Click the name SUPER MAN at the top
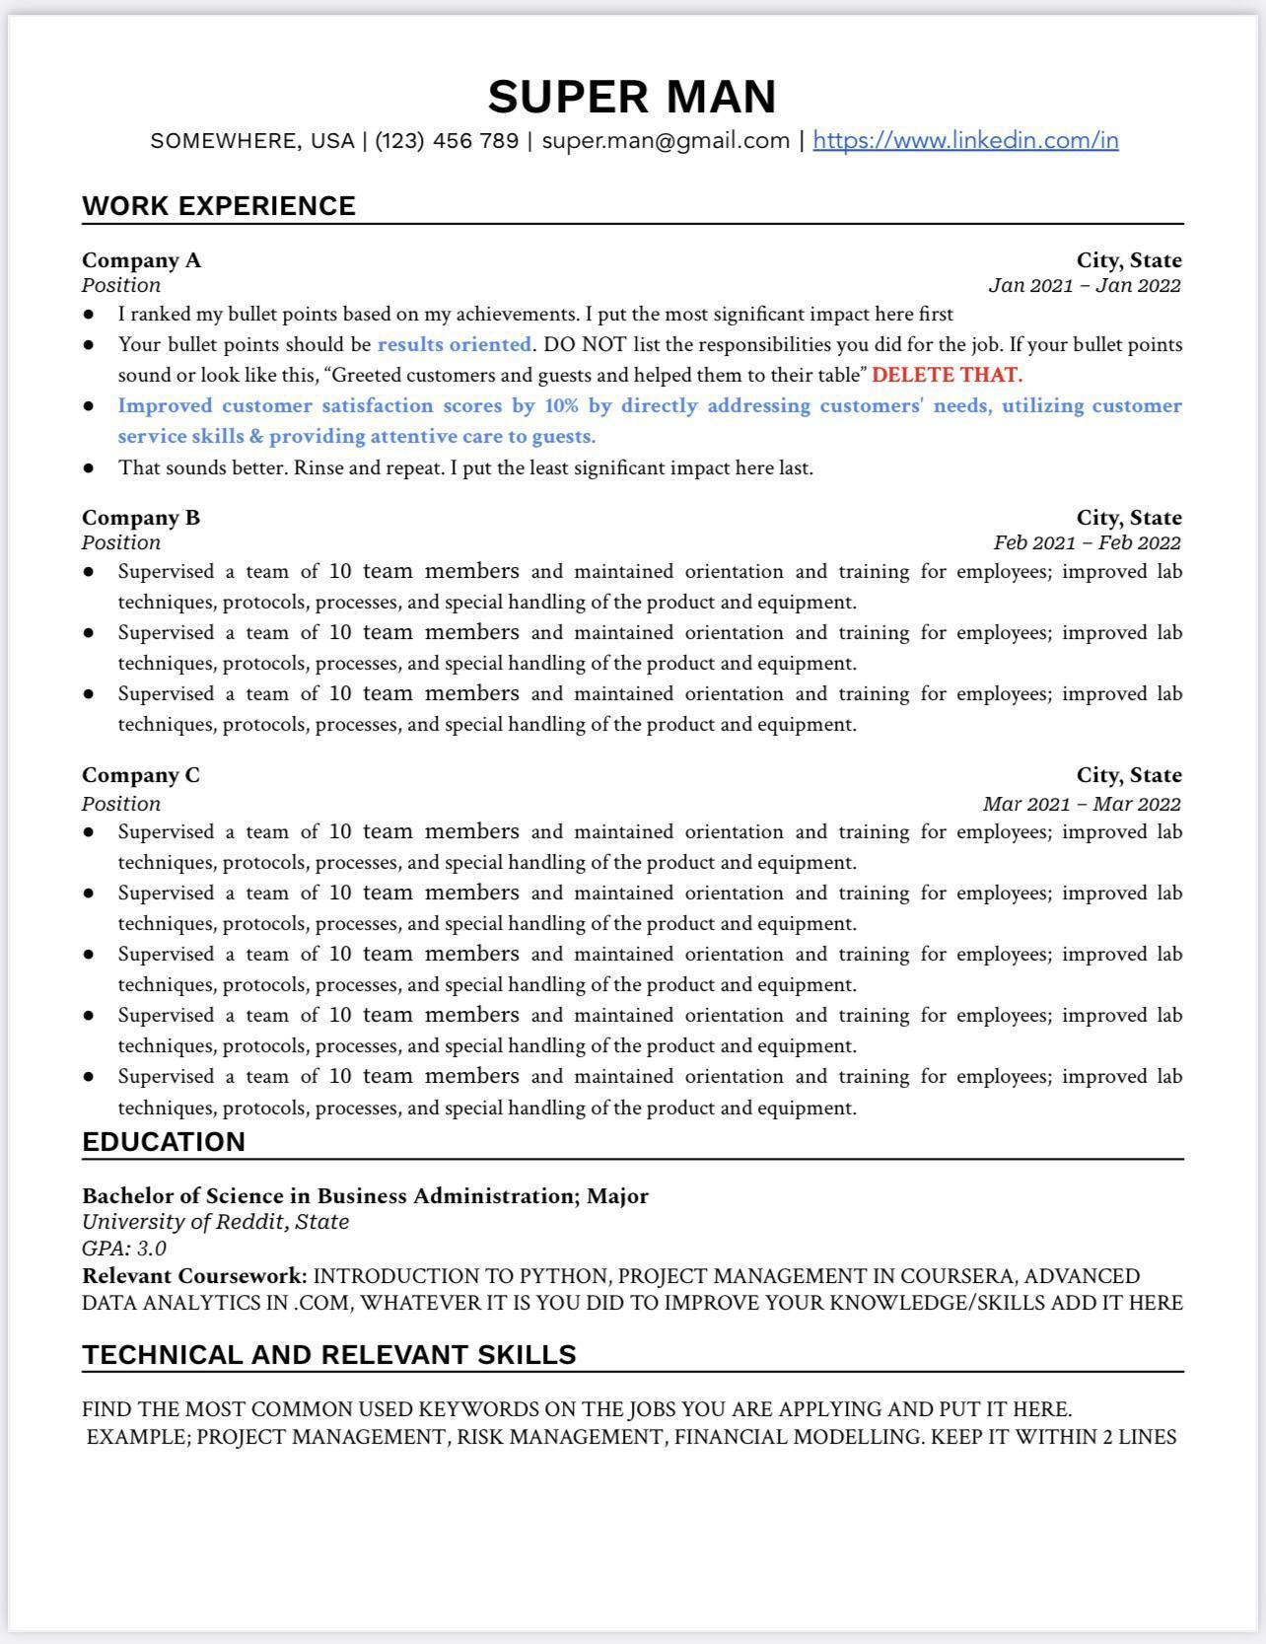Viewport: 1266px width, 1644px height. click(x=632, y=97)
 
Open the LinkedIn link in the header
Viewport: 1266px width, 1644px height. click(x=965, y=140)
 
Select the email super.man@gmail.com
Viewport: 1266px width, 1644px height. click(x=666, y=140)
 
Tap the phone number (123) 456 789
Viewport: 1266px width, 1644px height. click(x=447, y=140)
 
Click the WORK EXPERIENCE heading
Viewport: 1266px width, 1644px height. click(x=219, y=206)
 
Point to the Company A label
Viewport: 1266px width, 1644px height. click(x=141, y=260)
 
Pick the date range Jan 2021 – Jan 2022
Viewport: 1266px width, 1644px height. click(x=1084, y=286)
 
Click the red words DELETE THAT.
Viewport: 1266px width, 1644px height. click(x=947, y=375)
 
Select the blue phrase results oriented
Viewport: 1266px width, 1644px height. click(x=454, y=344)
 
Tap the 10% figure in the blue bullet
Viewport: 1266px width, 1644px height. click(x=561, y=405)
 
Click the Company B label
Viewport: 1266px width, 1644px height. click(x=141, y=518)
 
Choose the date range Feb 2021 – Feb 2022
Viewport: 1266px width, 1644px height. click(x=1087, y=543)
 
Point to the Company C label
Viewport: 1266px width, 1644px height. click(x=141, y=775)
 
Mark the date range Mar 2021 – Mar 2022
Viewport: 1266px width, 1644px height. click(x=1081, y=804)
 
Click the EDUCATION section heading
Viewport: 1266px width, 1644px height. click(x=164, y=1142)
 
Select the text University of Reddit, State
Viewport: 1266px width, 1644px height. click(x=215, y=1222)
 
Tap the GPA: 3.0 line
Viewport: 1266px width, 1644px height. click(x=124, y=1249)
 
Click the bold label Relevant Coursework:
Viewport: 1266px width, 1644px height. click(x=194, y=1276)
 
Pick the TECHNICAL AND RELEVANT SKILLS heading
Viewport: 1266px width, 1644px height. click(x=329, y=1355)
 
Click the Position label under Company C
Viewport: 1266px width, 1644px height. click(x=121, y=804)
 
